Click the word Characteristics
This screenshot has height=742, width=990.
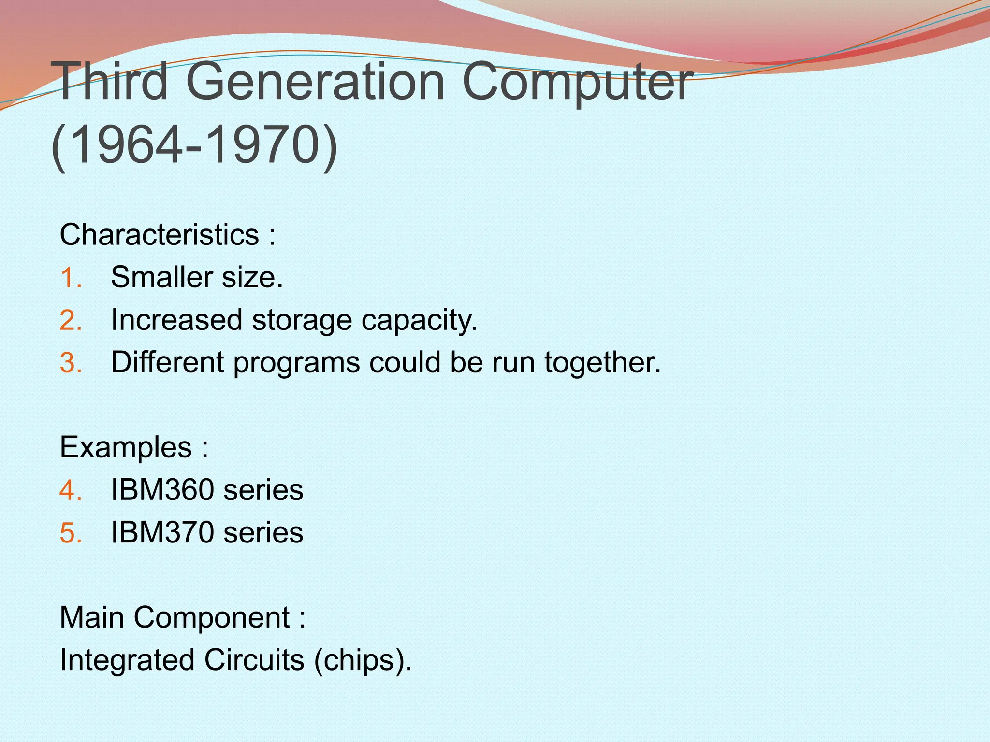click(159, 235)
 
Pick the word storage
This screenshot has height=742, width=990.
click(302, 320)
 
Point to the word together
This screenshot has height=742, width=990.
click(601, 363)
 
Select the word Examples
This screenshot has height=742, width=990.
click(126, 447)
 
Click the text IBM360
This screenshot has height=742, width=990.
click(162, 490)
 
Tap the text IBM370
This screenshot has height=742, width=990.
click(162, 532)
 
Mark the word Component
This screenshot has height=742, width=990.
click(212, 617)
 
